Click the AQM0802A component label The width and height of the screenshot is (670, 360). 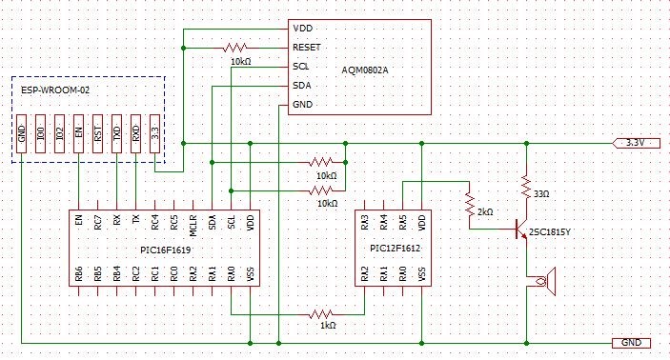point(365,70)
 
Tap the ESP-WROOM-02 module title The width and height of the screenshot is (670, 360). point(55,90)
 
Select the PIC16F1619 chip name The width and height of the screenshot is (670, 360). point(166,250)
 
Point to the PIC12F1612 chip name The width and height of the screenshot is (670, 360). point(396,249)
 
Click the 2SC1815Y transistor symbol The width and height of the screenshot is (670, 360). point(521,229)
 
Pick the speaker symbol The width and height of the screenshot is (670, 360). point(546,281)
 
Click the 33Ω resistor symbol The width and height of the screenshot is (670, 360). point(526,186)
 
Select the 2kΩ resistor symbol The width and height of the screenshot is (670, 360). point(470,205)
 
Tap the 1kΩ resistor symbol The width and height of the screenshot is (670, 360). point(321,314)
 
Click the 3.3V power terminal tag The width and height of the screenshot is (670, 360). point(637,143)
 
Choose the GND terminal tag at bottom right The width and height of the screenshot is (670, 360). point(632,343)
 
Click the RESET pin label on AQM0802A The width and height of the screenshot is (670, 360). point(306,48)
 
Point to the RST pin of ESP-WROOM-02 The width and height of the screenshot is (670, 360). point(98,133)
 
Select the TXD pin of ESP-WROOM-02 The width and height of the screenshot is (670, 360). point(116,133)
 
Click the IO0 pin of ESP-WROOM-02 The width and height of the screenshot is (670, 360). point(41,133)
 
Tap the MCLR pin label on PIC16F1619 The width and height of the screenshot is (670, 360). point(193,225)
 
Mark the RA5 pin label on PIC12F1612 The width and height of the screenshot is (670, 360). point(402,223)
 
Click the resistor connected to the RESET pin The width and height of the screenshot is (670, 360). point(235,48)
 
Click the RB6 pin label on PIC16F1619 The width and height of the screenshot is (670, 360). point(78,274)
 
